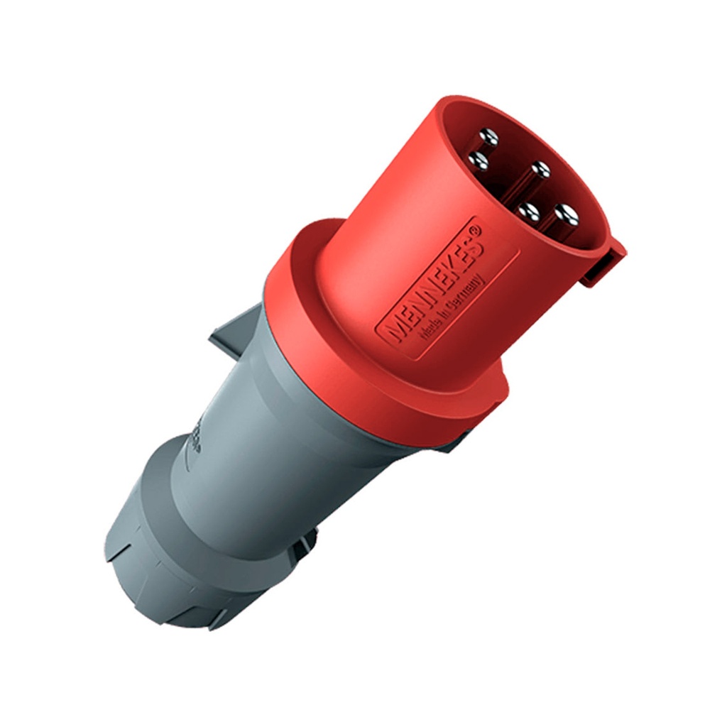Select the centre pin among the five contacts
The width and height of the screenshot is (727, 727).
540,170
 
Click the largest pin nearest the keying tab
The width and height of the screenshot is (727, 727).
567,214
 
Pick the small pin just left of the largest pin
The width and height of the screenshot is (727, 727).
528,212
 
